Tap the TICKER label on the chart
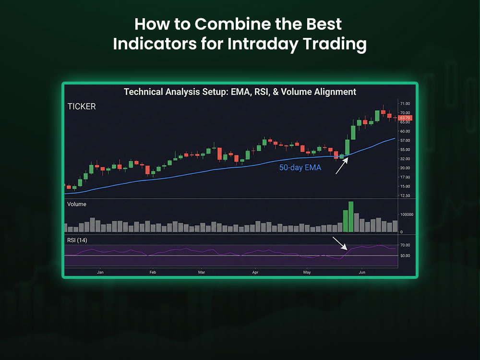coord(81,107)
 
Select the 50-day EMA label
coord(300,168)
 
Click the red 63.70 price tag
coord(405,118)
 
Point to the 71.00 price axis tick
coord(404,104)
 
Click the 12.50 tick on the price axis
coord(404,195)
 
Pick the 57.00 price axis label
coord(404,141)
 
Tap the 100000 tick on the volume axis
coord(408,214)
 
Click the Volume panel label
coord(77,204)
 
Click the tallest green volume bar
coord(351,217)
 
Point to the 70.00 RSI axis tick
coord(404,245)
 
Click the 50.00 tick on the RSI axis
coord(404,255)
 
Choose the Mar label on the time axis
coord(202,272)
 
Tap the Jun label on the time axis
coord(362,272)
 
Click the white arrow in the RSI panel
coord(339,243)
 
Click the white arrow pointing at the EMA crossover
coord(342,166)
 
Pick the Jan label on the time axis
coord(100,272)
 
